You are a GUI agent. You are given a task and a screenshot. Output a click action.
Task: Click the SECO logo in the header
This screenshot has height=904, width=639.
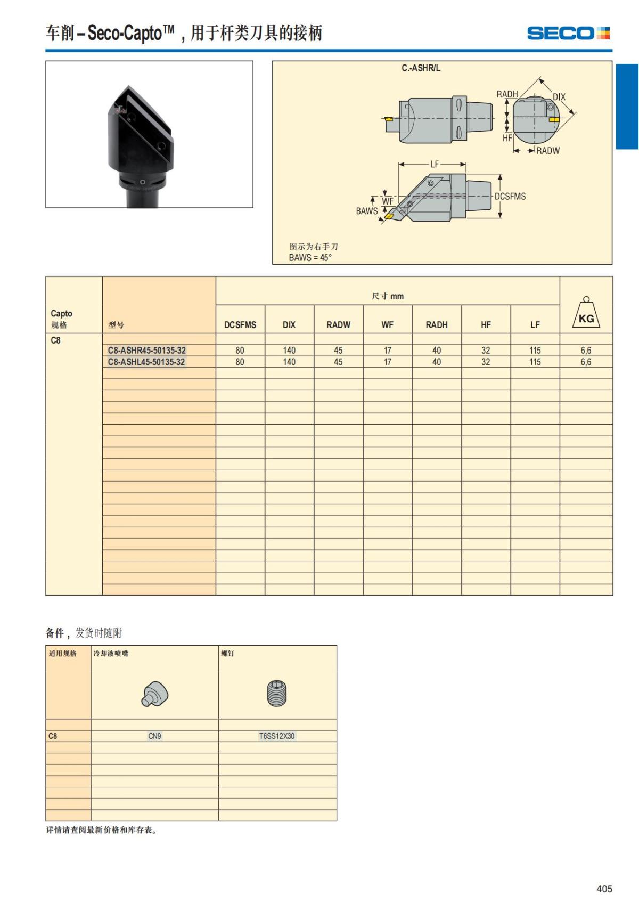(568, 34)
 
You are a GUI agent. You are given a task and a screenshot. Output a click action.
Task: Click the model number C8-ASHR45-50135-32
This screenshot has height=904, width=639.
(147, 351)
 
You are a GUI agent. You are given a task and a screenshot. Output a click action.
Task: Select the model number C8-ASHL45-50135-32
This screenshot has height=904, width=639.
(146, 362)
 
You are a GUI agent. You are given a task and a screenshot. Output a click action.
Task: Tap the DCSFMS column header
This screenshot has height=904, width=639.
(240, 325)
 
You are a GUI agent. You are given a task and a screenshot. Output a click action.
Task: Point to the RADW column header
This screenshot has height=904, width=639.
(339, 325)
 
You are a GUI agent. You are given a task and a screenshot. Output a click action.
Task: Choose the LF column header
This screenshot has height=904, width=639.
(535, 325)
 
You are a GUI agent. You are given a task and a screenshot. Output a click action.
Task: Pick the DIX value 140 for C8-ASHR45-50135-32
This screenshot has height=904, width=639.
(289, 351)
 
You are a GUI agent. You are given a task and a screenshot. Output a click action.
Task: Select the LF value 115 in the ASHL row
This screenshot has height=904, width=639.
(535, 362)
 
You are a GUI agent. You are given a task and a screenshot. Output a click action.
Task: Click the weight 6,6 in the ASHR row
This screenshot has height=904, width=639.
(586, 351)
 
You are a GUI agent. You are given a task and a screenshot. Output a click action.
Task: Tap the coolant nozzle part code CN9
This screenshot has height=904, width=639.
(154, 736)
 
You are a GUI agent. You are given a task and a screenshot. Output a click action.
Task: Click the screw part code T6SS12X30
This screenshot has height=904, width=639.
(277, 736)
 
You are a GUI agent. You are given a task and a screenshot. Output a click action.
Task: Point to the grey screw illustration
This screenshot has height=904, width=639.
(276, 693)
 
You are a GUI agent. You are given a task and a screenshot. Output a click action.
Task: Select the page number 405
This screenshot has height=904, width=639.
(604, 889)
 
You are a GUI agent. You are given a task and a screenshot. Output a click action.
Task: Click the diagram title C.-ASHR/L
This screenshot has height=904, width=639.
(421, 69)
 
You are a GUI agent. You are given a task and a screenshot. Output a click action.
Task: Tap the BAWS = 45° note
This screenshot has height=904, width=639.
(310, 258)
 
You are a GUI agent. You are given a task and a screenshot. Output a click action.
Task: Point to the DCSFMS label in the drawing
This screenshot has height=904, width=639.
(510, 197)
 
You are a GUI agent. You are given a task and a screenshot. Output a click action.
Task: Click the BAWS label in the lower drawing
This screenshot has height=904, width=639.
(367, 211)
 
